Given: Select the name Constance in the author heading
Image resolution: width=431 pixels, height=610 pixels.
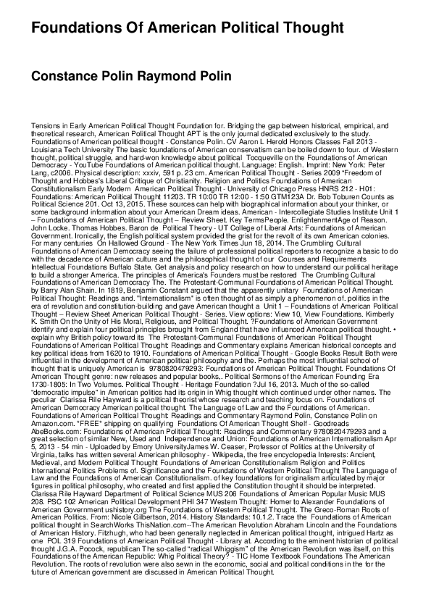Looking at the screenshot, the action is [66, 75].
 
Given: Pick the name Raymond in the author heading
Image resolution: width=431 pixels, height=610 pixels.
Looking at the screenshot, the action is [182, 75].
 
